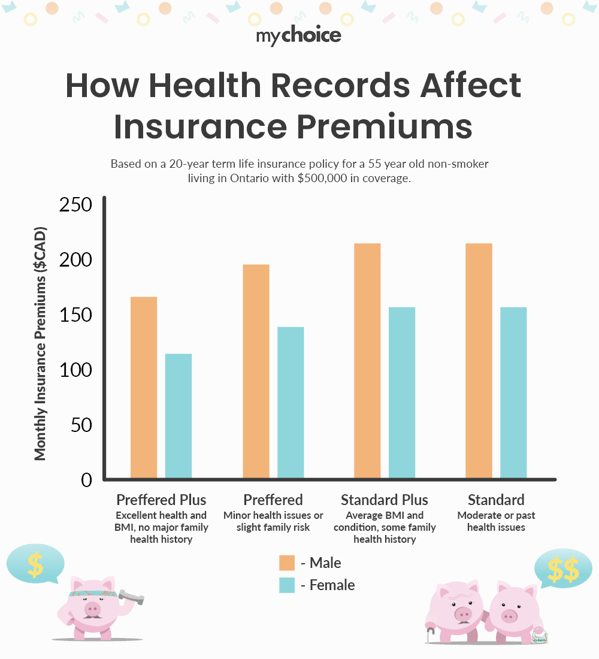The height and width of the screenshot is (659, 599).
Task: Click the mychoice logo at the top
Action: [299, 36]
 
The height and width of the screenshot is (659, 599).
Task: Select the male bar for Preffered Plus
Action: [144, 388]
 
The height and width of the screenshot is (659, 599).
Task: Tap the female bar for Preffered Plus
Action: [179, 416]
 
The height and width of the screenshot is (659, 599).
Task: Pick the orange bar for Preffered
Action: [256, 371]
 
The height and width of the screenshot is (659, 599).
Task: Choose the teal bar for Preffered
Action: [291, 403]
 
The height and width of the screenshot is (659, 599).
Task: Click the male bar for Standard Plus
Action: [367, 361]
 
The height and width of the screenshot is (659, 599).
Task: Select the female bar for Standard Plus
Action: [402, 393]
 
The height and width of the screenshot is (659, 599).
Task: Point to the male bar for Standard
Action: [479, 361]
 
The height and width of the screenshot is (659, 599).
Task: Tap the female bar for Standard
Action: [513, 393]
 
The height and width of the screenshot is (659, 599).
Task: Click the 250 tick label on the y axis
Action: [75, 205]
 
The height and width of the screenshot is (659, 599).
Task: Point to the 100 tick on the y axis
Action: [75, 370]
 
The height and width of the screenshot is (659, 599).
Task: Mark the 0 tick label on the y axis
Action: [85, 480]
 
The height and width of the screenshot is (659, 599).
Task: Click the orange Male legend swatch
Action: [287, 563]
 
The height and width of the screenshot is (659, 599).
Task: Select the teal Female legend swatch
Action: [287, 585]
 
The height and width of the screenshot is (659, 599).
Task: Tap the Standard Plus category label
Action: [385, 500]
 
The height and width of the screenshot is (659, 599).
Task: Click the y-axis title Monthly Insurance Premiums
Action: [40, 344]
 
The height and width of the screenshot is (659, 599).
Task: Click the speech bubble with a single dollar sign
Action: [35, 564]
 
